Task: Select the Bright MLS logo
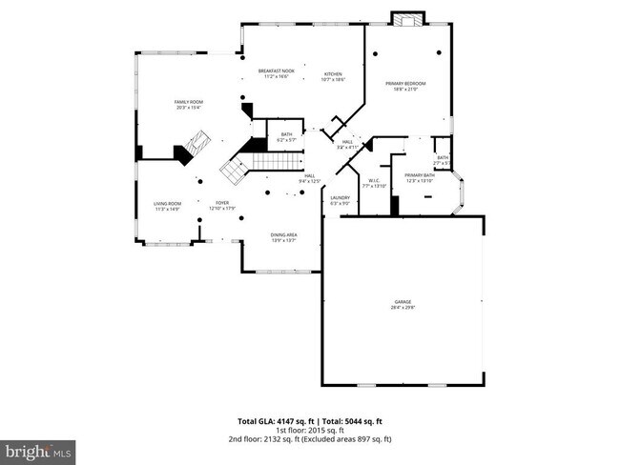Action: point(38,448)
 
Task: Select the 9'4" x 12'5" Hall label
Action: point(309,178)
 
